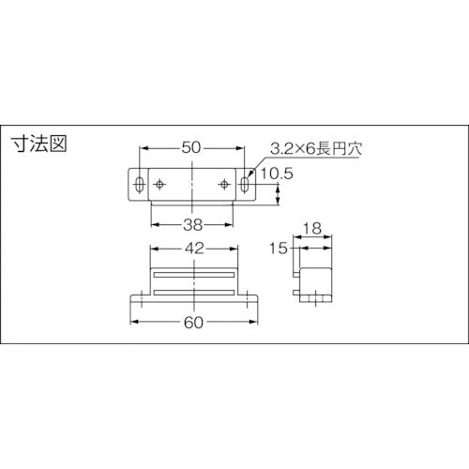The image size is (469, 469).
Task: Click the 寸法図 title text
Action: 39,144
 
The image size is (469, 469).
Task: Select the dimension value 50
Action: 191,147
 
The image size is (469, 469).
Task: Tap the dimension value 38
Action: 192,225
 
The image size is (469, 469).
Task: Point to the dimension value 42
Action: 194,249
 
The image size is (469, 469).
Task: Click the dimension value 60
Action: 193,323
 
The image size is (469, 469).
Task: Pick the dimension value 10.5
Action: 277,174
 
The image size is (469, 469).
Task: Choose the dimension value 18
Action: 312,229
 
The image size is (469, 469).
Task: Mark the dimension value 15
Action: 278,249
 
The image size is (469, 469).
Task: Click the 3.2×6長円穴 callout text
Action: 316,149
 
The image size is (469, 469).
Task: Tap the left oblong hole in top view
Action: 140,184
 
